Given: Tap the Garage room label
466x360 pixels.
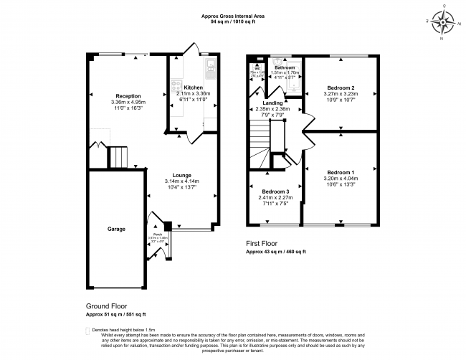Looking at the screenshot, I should pos(117,229).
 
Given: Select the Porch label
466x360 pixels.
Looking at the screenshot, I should pos(156,234).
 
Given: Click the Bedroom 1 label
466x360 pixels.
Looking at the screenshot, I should pos(341,173).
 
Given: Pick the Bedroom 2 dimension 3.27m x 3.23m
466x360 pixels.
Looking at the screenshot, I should pos(341,93).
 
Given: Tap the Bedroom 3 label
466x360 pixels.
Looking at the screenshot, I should pos(275,192).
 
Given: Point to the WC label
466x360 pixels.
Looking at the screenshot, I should pos(257,68).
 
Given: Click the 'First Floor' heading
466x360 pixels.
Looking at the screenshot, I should pos(264,244).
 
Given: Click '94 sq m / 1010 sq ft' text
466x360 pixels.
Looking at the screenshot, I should pos(233,22).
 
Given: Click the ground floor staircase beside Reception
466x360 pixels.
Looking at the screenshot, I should pos(117,156).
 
